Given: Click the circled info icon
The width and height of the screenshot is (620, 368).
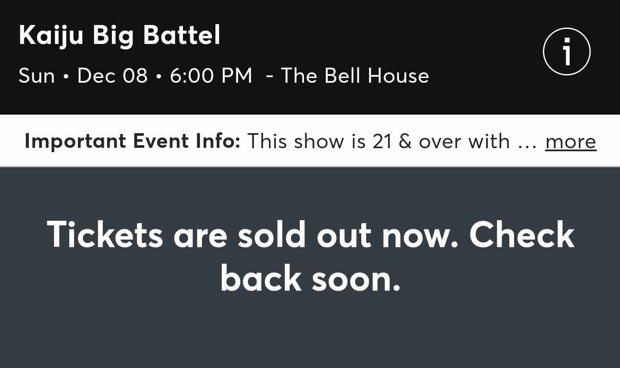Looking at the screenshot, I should coord(567,52).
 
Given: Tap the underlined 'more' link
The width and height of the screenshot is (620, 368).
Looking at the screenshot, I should coord(570,141).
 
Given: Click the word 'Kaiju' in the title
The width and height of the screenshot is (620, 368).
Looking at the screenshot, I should coord(51,35).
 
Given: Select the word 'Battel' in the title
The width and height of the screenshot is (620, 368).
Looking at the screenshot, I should coord(181,35).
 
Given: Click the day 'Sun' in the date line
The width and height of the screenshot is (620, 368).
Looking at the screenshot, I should coord(37,76).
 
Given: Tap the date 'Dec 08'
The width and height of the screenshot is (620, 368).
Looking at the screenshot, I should coord(112,76).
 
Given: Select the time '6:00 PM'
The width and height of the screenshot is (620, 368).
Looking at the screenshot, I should coord(211,76).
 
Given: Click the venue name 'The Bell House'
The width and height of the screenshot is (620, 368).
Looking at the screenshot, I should coord(355,76).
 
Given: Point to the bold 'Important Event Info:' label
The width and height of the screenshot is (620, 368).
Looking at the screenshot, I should coord(132,141).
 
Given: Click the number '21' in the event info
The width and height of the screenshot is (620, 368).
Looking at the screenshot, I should coord(382,141).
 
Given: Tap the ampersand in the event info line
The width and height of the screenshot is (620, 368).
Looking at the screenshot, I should coord(405,141).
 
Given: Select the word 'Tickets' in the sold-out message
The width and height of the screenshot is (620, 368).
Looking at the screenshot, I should coord(105,235).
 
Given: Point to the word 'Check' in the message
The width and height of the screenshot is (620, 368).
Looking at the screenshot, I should coord(522,235).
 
